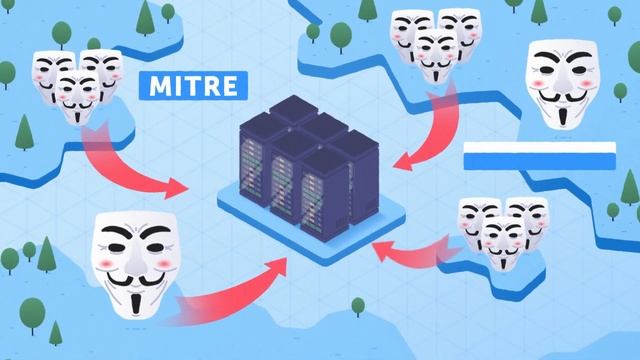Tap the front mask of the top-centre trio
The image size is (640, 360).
[432, 55]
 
